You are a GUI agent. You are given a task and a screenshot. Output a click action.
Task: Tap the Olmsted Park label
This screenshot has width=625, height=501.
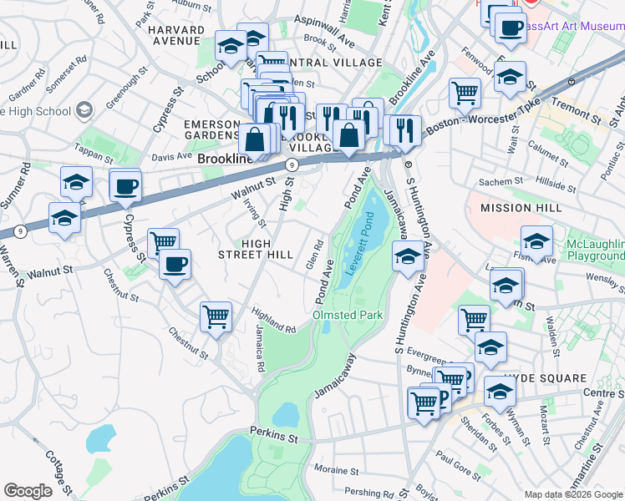347,315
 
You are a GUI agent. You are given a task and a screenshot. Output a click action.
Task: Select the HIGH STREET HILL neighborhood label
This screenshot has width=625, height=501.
255,248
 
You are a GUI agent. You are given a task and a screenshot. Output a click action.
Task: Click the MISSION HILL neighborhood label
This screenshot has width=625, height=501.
516,207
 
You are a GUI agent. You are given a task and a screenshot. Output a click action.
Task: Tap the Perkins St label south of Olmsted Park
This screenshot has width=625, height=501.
274,434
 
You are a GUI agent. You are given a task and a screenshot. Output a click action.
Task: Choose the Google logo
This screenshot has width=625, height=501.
28,491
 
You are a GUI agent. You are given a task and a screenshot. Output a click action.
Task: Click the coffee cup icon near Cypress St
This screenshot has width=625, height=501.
124,186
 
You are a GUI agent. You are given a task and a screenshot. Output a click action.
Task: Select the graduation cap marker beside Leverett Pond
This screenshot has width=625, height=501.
408,255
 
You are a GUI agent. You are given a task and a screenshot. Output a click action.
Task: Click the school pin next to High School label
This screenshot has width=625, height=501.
84,110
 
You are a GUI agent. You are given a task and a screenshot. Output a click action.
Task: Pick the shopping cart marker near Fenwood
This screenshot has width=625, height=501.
464,93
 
